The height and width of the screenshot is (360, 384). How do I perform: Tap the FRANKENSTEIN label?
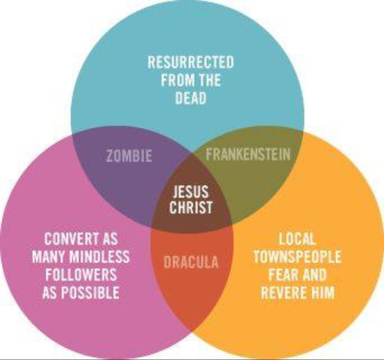(248, 154)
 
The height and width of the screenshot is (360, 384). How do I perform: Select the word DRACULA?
(191, 263)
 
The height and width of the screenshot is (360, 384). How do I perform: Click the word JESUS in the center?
(191, 192)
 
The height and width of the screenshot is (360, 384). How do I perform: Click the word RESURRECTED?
(191, 63)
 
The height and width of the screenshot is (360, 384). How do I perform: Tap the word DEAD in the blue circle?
(191, 98)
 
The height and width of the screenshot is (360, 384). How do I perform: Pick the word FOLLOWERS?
(81, 275)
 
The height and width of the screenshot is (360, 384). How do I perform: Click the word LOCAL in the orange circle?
(297, 239)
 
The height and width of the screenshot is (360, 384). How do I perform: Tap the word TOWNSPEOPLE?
(297, 257)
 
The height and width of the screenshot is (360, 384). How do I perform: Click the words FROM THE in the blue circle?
(191, 80)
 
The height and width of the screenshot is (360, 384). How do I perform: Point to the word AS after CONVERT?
(110, 239)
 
